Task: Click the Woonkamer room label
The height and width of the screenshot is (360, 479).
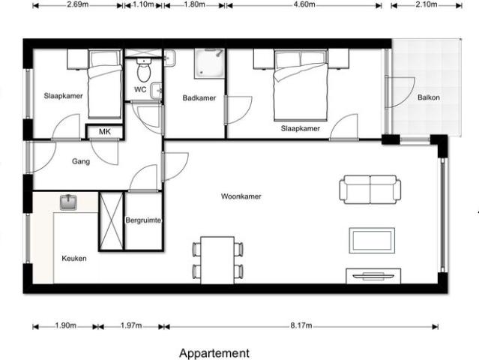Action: [x=241, y=197]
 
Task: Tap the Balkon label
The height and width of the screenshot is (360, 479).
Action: [x=429, y=97]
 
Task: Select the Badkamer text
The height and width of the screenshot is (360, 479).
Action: [x=199, y=98]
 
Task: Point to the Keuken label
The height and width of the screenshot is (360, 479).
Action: [x=74, y=258]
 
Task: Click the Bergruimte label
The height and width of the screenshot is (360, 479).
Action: [x=144, y=220]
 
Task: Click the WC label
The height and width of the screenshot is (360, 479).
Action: [x=140, y=90]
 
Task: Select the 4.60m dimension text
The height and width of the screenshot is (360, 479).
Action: [x=307, y=4]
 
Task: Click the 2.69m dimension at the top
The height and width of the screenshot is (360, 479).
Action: [x=78, y=4]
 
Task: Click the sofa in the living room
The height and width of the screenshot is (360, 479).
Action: [x=369, y=189]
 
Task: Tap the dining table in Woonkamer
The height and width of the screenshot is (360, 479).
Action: [x=218, y=259]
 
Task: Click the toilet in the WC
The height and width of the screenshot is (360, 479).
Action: [x=145, y=71]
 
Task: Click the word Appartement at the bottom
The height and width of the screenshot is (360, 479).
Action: [x=214, y=352]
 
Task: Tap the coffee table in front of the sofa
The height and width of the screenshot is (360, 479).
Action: [x=371, y=241]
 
